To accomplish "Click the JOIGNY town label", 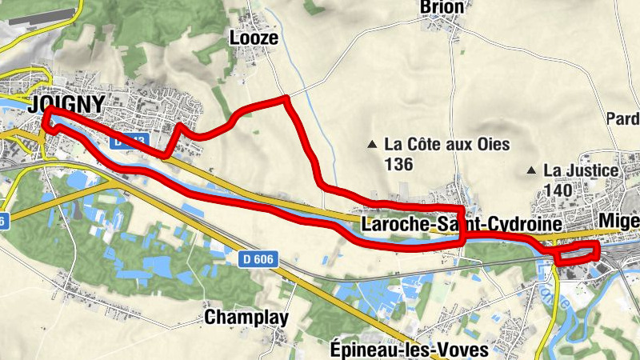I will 66,105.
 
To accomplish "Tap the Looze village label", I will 254,38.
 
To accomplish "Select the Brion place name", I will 442,8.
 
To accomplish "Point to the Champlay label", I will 246,318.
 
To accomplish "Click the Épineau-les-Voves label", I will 409,350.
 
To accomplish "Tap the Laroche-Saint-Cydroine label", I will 458,225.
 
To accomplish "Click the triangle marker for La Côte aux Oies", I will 371,145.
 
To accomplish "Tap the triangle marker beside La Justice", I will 531,170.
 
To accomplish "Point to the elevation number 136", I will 398,165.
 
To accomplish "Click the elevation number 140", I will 558,190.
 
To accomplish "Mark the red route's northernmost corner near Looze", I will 286,98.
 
